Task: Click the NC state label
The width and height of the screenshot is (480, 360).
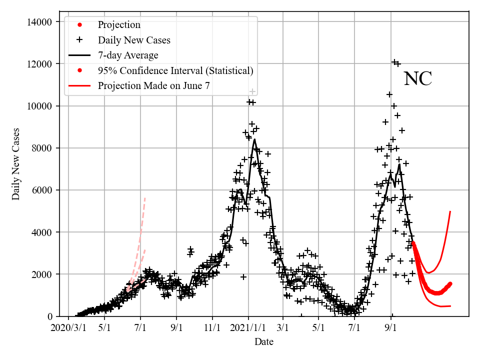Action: pyautogui.click(x=417, y=79)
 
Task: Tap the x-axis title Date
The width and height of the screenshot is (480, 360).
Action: pyautogui.click(x=263, y=342)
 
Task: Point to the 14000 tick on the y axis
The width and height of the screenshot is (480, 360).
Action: pyautogui.click(x=39, y=22)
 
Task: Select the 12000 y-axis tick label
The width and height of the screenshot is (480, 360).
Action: pyautogui.click(x=39, y=64)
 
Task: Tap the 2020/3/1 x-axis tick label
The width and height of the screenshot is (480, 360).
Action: pyautogui.click(x=69, y=328)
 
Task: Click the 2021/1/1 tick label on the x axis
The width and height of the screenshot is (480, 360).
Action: pyautogui.click(x=248, y=328)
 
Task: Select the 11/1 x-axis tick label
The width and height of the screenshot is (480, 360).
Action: pyautogui.click(x=212, y=328)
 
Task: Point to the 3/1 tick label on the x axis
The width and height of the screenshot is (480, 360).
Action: pyautogui.click(x=283, y=328)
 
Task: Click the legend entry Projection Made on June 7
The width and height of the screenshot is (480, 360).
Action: pyautogui.click(x=154, y=85)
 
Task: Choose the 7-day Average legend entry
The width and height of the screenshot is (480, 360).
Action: pyautogui.click(x=128, y=55)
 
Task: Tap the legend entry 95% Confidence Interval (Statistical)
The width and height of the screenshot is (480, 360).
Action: pyautogui.click(x=175, y=70)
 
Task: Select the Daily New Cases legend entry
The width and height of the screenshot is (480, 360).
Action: pyautogui.click(x=134, y=40)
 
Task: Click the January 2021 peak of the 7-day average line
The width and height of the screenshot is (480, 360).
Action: pyautogui.click(x=254, y=139)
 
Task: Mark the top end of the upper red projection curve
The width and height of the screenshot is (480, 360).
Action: pyautogui.click(x=450, y=211)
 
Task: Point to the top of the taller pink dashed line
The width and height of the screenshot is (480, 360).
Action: pyautogui.click(x=145, y=198)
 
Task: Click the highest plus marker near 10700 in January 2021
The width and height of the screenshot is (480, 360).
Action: pyautogui.click(x=253, y=91)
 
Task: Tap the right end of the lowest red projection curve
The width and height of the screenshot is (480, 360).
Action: pyautogui.click(x=450, y=305)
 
